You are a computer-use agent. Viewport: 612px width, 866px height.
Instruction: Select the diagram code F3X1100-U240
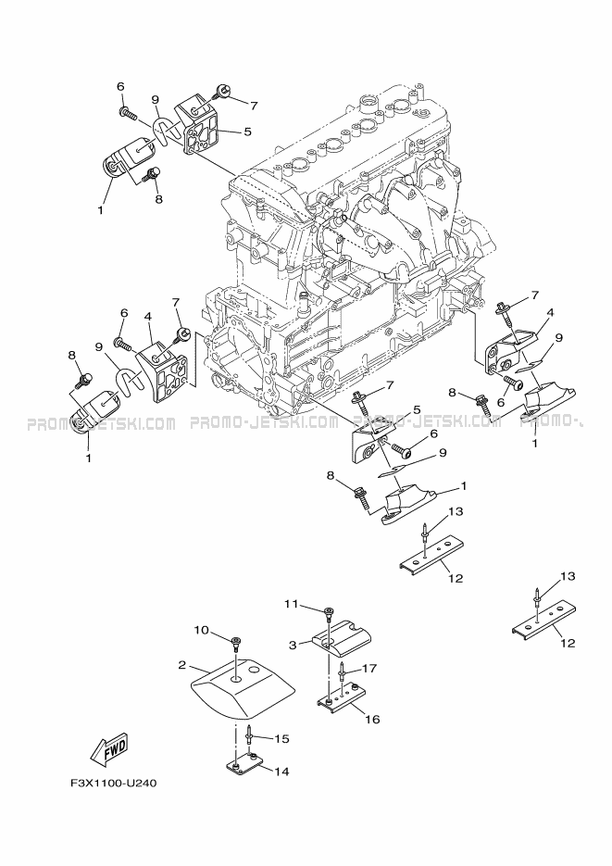click(114, 783)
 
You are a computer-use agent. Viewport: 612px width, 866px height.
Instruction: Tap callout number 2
click(182, 664)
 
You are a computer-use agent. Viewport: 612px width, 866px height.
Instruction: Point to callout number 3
click(293, 644)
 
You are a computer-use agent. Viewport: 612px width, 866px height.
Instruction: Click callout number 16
click(373, 718)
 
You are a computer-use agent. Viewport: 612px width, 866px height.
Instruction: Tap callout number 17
click(368, 668)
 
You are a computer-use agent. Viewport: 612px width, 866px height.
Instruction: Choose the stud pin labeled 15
click(251, 736)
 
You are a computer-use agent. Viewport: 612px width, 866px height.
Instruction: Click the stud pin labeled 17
click(342, 670)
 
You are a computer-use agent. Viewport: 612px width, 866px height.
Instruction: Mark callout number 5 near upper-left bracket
click(247, 132)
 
